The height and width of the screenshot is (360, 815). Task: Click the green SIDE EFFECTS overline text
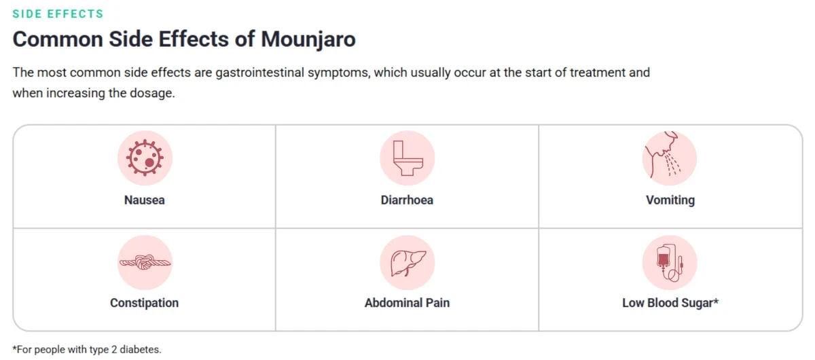(x=58, y=14)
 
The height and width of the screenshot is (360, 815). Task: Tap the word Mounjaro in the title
(x=308, y=39)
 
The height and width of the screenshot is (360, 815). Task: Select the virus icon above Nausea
(x=145, y=158)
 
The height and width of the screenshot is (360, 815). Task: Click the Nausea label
(x=145, y=200)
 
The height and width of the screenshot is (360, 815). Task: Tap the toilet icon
(x=407, y=158)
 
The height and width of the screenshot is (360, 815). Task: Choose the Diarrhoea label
(x=407, y=200)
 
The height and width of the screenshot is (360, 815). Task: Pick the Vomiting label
(x=670, y=200)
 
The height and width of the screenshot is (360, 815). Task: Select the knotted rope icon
(x=145, y=262)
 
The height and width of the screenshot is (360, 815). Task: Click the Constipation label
(x=145, y=303)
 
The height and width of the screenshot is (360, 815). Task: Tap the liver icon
(x=407, y=262)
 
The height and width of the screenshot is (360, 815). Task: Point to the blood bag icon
(x=670, y=262)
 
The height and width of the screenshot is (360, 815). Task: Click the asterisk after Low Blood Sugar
(x=716, y=301)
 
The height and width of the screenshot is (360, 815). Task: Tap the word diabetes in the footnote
(x=141, y=349)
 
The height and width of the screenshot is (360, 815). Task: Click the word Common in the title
(x=58, y=39)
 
